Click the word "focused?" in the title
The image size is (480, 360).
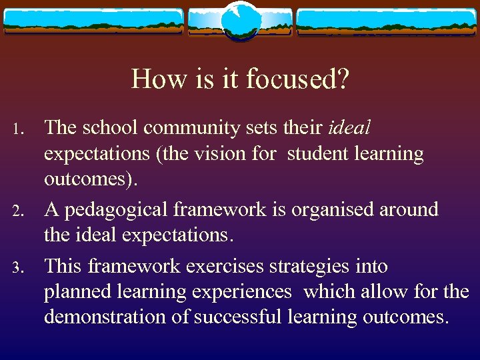coord(297,79)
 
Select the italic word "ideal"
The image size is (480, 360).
coord(347,128)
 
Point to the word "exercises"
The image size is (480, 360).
coord(226,266)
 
